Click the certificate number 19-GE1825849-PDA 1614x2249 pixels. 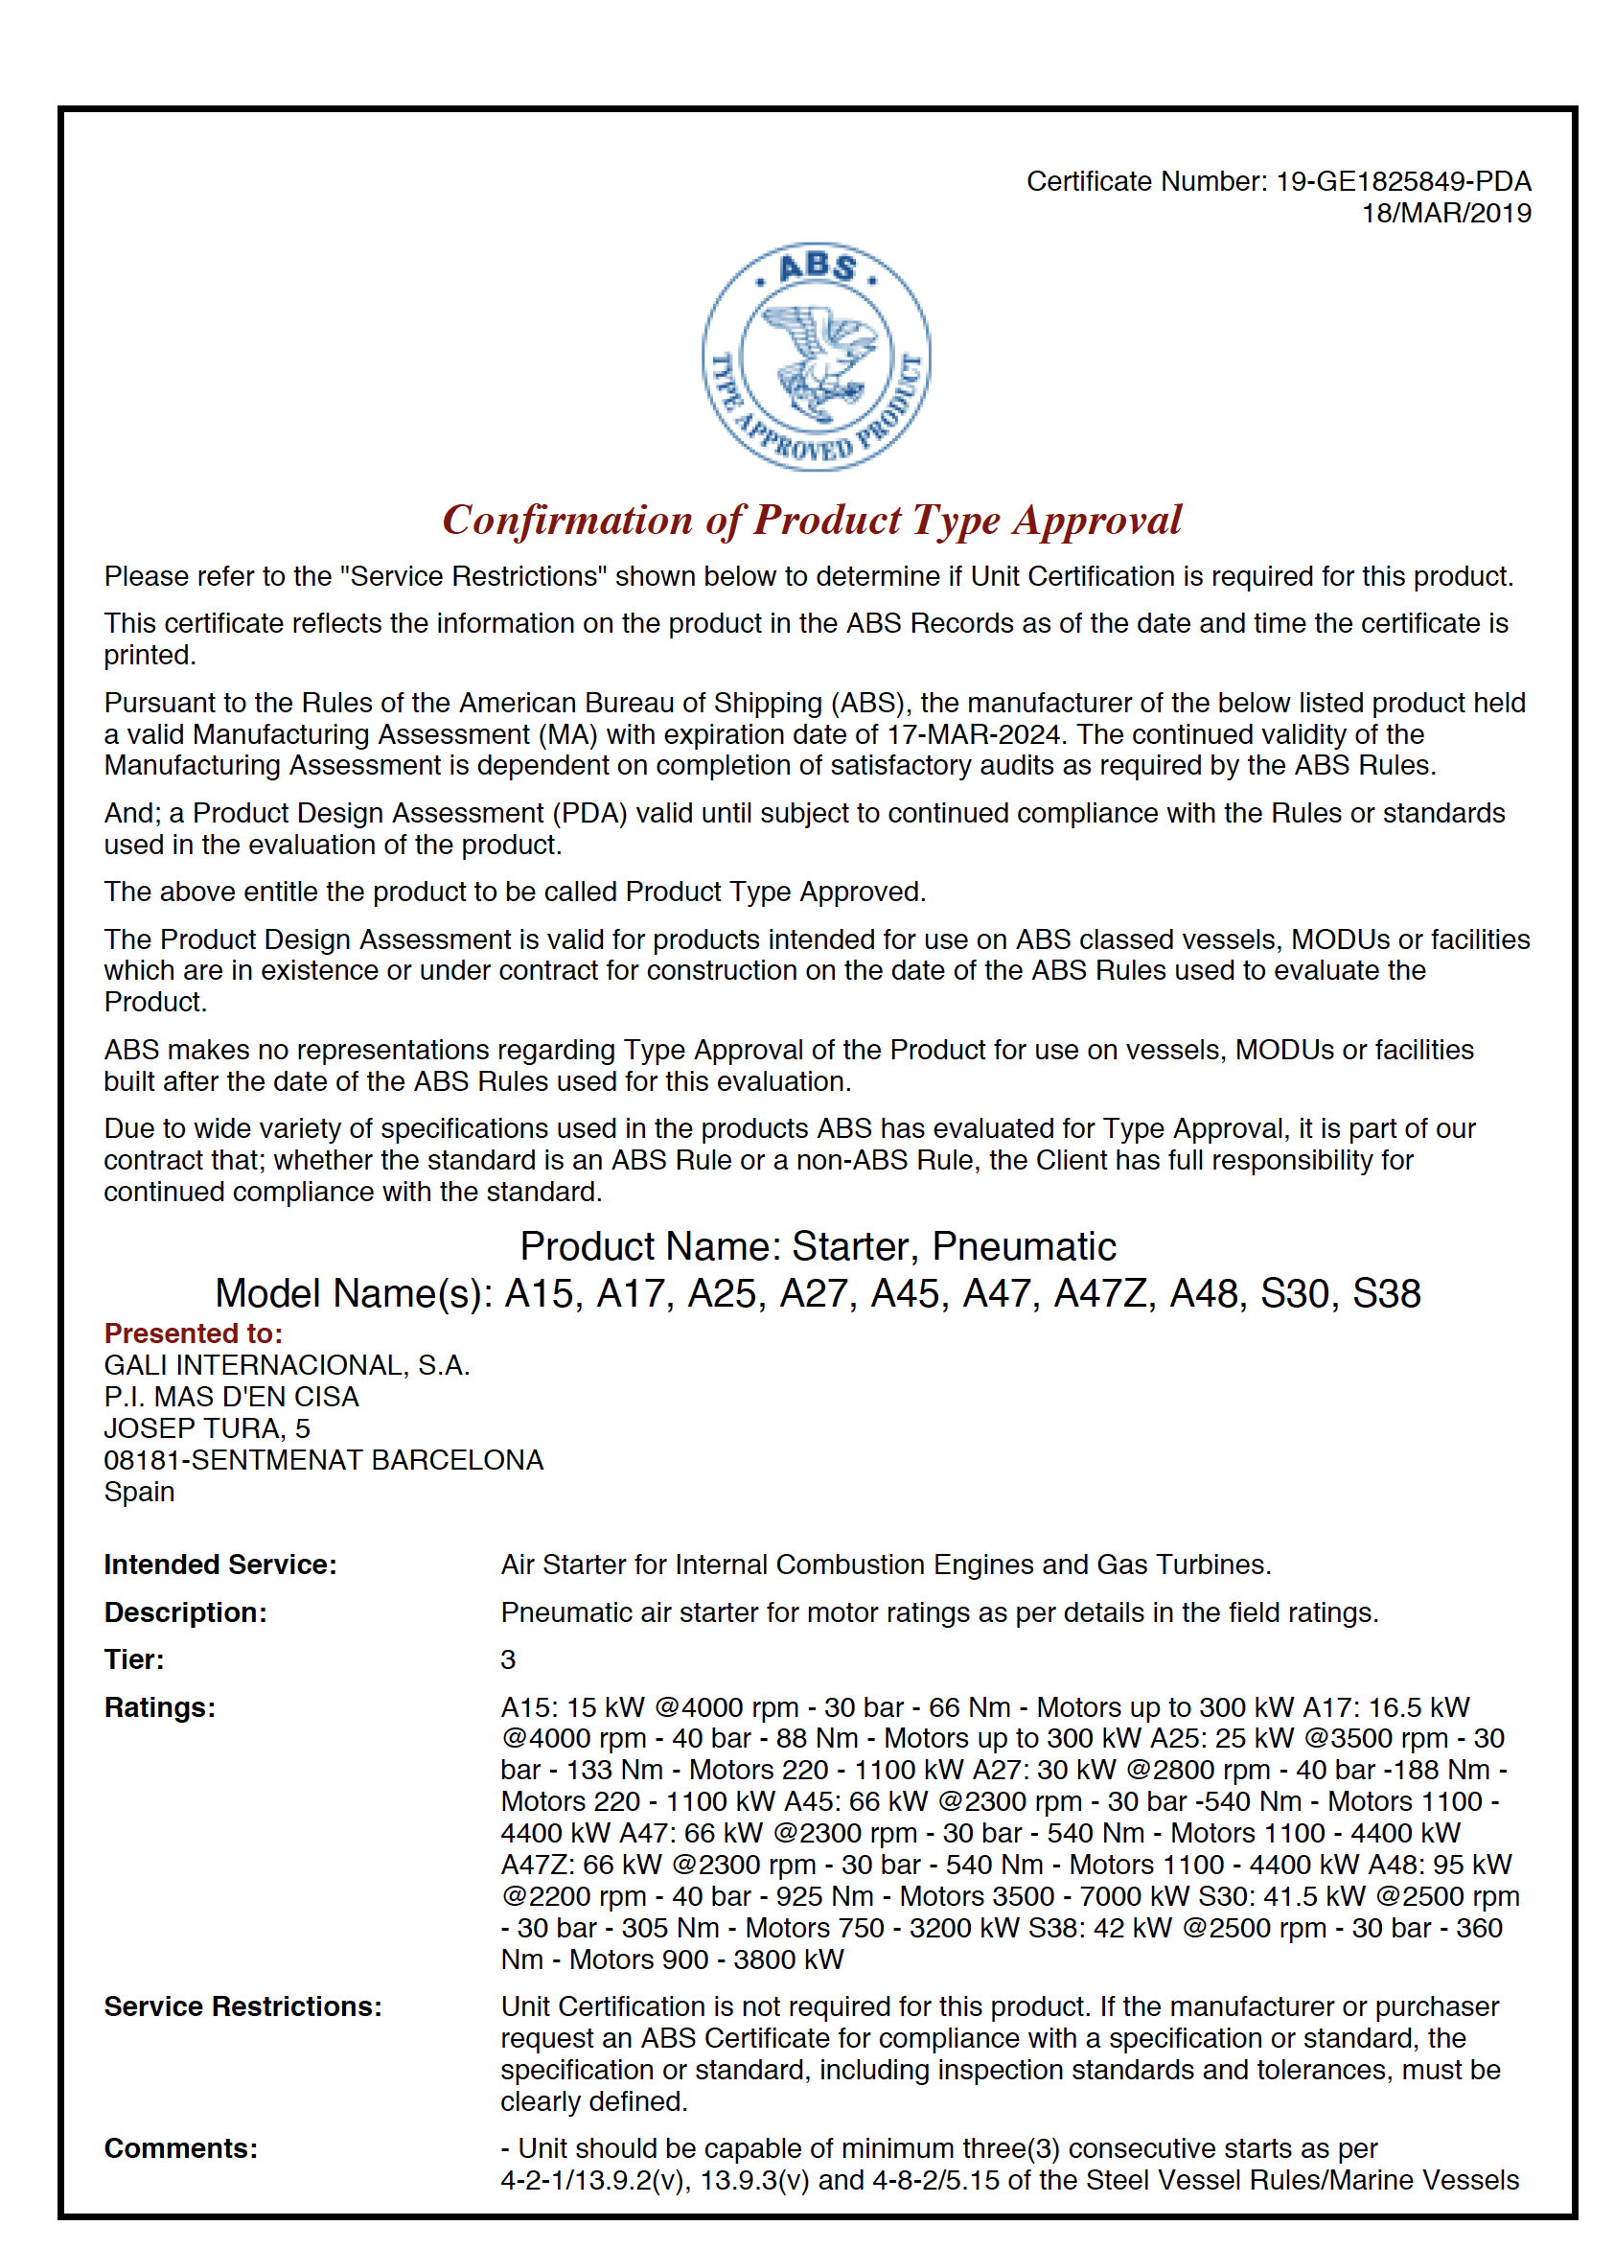(1402, 181)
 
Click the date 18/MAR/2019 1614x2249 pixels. (1445, 213)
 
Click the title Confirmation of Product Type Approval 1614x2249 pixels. (811, 520)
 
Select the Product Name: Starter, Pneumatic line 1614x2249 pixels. (817, 1246)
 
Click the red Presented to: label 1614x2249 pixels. (194, 1333)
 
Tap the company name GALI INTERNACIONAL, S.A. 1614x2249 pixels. (287, 1365)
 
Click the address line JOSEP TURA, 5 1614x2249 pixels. (206, 1428)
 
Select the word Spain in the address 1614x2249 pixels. (139, 1492)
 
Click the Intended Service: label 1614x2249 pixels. (220, 1565)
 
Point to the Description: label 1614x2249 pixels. (185, 1612)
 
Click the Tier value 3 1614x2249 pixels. (508, 1660)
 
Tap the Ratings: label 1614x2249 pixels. (160, 1707)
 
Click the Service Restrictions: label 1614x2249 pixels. (242, 2007)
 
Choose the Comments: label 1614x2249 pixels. (180, 2149)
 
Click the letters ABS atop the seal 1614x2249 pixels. (817, 267)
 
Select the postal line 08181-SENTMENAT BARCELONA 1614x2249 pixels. (323, 1460)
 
